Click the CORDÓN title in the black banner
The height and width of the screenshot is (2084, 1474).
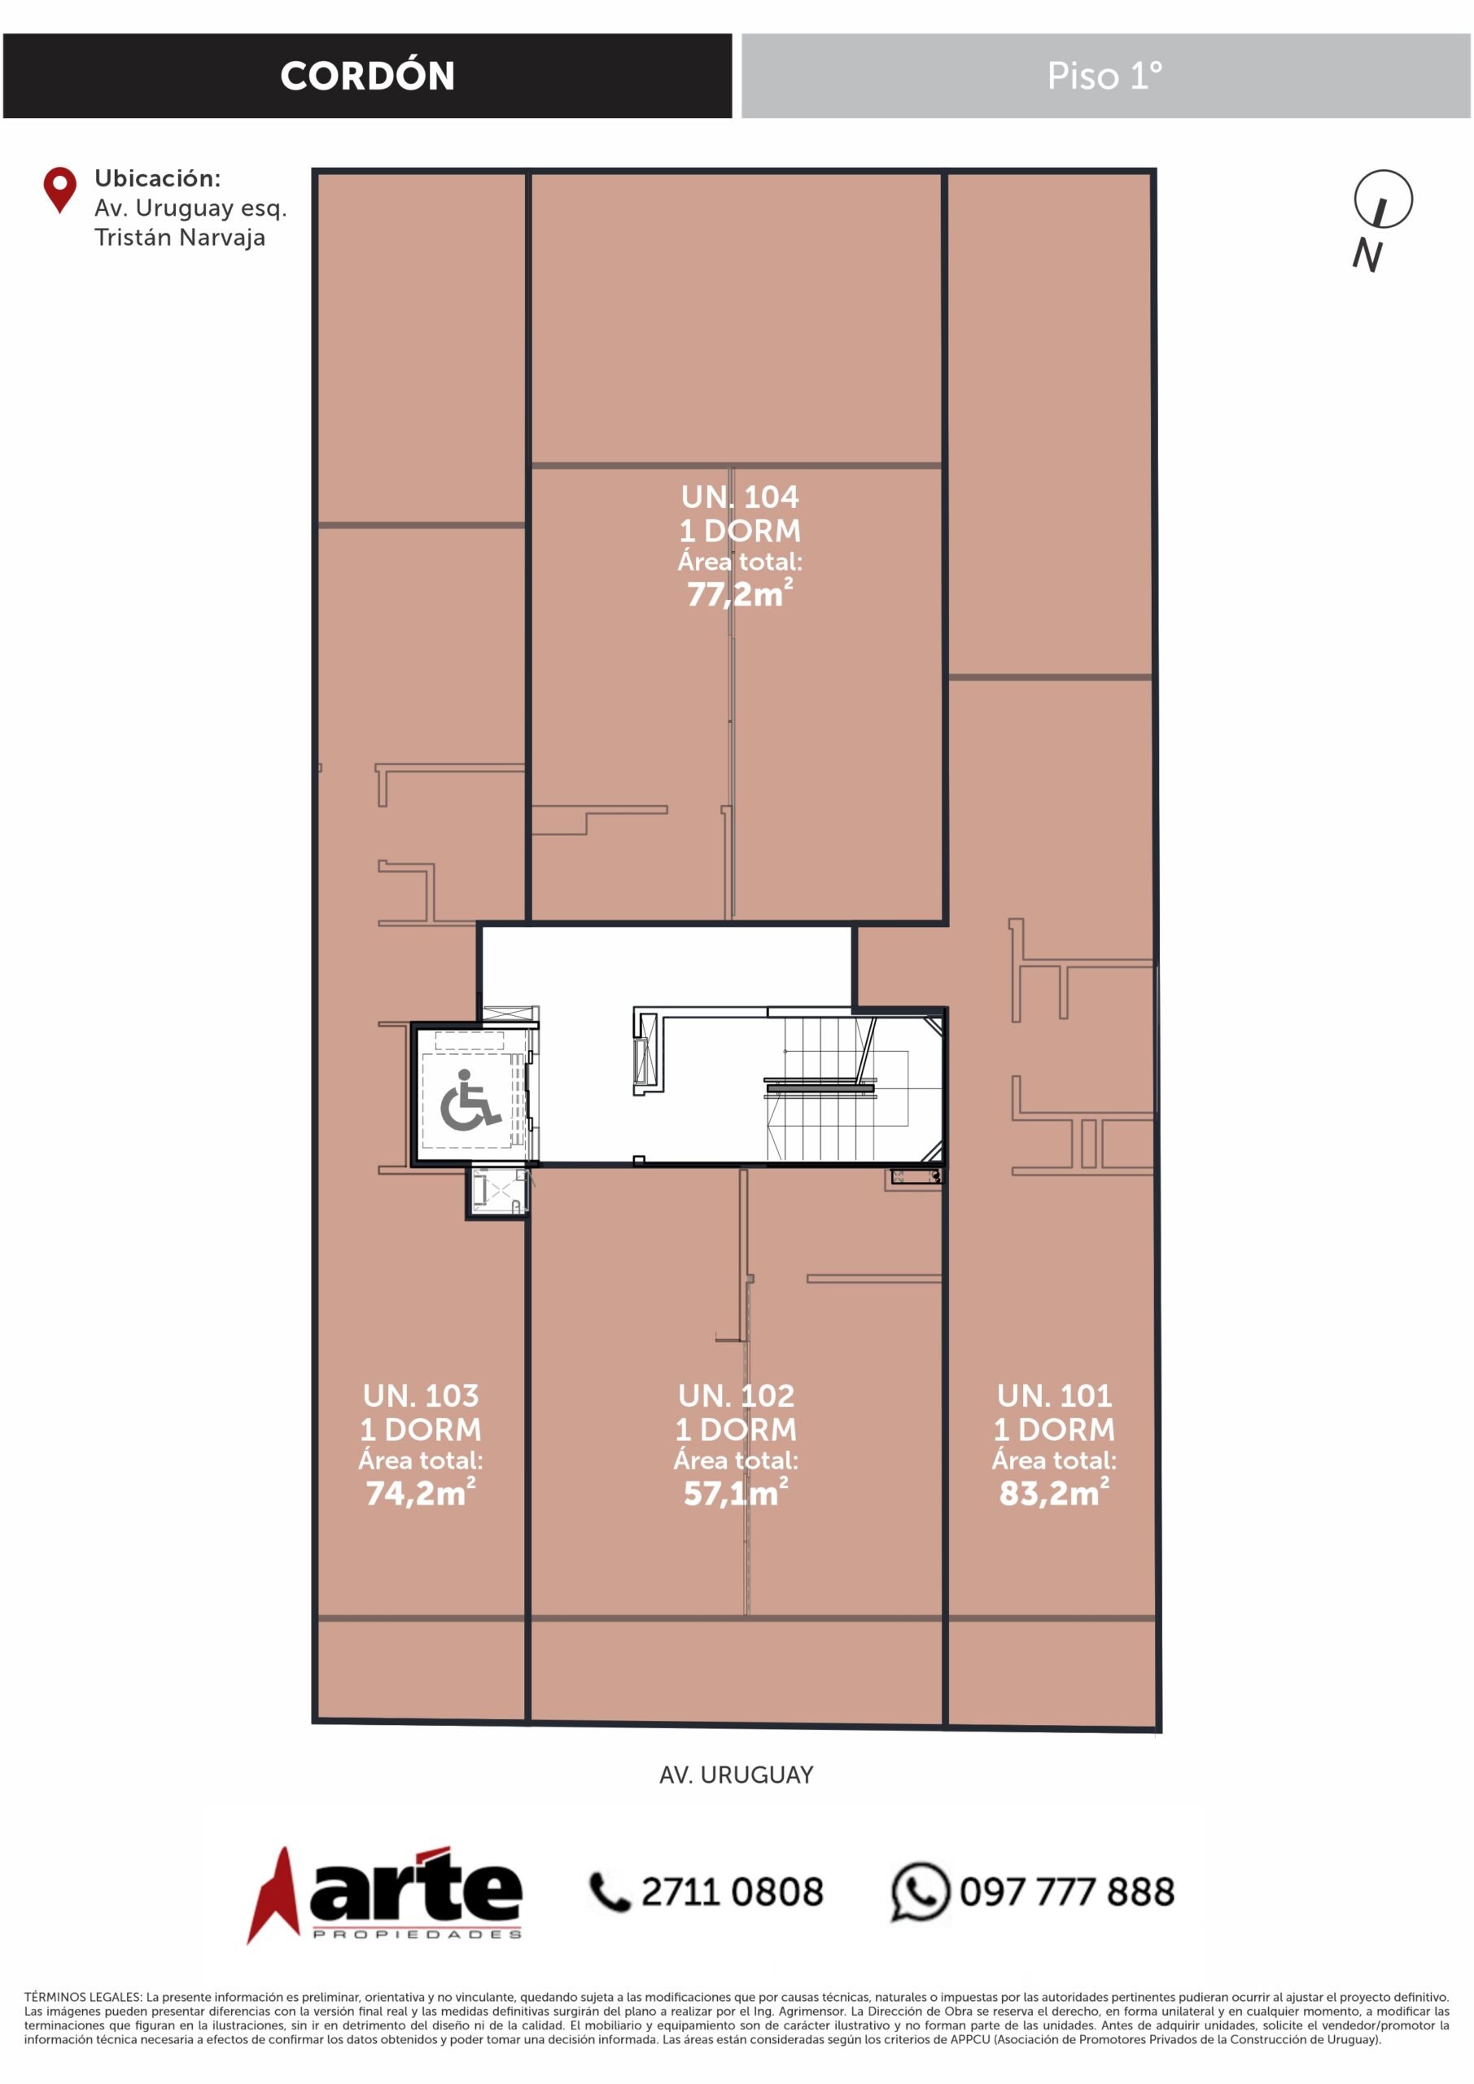[368, 76]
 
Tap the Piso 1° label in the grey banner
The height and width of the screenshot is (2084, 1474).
[1104, 77]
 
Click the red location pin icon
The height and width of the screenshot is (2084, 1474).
[60, 190]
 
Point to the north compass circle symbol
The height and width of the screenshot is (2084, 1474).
[1383, 199]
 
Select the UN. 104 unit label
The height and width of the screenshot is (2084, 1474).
[740, 497]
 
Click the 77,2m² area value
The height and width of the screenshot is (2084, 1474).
[740, 593]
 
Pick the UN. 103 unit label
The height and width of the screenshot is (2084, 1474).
[420, 1395]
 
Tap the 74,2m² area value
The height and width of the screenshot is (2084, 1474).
[420, 1492]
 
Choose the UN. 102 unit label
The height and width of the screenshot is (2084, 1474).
[736, 1395]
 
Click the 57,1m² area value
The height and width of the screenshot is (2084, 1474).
[736, 1492]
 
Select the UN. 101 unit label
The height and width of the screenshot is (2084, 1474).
[1054, 1395]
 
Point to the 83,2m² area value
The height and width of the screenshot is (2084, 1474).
[1054, 1492]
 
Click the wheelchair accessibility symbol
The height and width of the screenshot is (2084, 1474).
[470, 1101]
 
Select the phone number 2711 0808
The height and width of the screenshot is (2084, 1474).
[733, 1893]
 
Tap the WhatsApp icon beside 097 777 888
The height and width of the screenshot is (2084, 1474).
[920, 1892]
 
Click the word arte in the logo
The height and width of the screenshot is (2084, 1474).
[416, 1887]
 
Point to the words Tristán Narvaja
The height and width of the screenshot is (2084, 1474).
[180, 238]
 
